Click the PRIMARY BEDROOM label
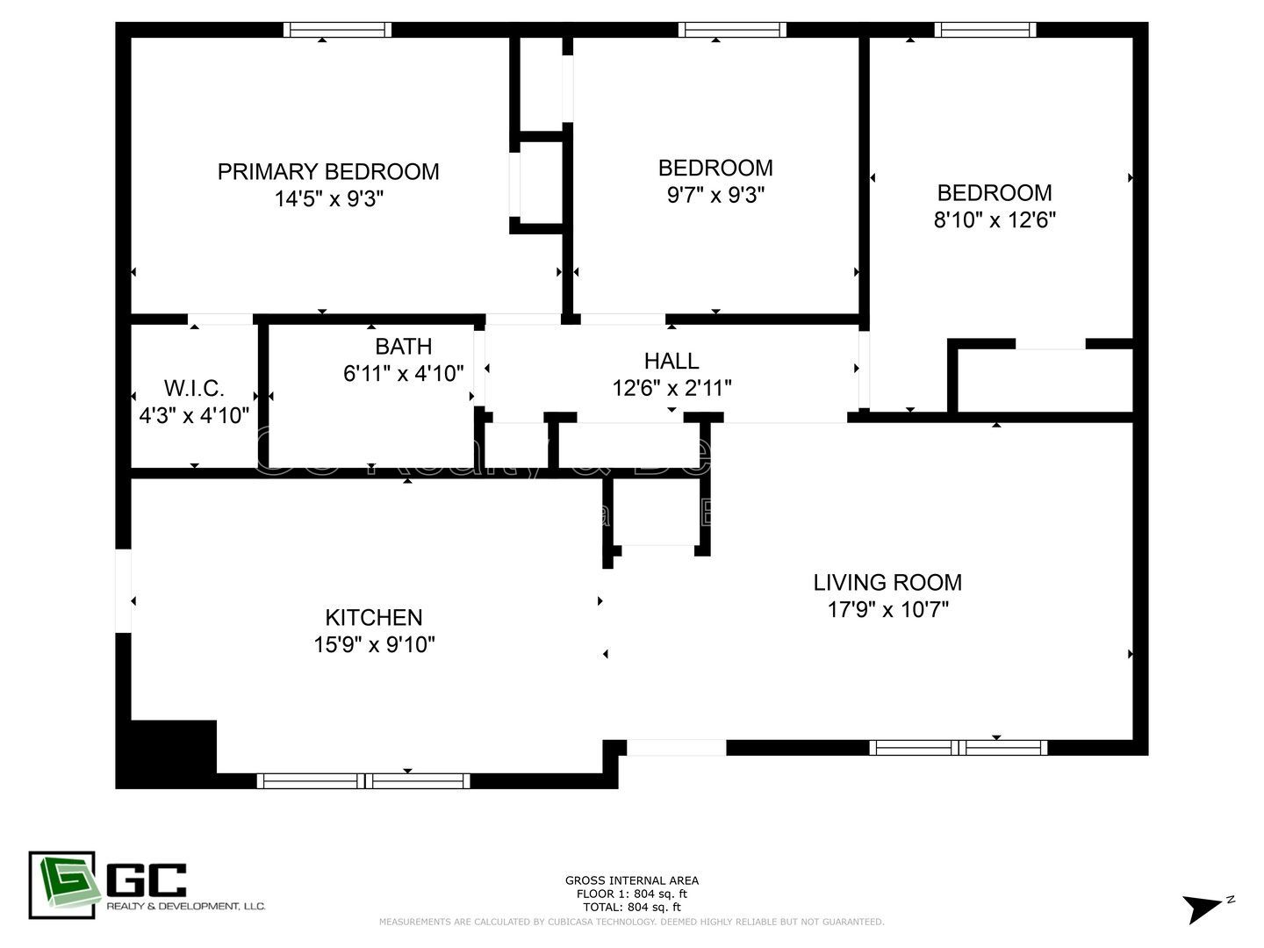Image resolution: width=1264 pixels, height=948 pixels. [328, 171]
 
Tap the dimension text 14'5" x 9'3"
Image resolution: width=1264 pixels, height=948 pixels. [329, 199]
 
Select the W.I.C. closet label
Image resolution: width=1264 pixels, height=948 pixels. [194, 388]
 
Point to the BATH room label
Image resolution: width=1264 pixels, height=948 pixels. [403, 346]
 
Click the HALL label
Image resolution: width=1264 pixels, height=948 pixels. [671, 361]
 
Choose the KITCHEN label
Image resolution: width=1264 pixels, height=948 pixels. [374, 617]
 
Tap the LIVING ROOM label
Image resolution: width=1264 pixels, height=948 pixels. [887, 582]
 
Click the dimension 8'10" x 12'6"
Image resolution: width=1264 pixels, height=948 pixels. [994, 219]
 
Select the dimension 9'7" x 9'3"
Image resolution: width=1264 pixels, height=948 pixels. [715, 195]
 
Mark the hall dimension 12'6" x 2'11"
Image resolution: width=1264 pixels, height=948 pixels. [671, 388]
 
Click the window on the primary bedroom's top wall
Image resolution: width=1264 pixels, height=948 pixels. [338, 30]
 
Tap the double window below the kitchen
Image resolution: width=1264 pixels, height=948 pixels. [363, 780]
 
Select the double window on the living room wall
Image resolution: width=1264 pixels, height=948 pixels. [959, 748]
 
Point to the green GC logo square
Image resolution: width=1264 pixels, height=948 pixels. [61, 885]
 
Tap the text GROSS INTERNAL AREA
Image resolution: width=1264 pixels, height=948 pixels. [632, 880]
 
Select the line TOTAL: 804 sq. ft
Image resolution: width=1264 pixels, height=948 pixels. [632, 907]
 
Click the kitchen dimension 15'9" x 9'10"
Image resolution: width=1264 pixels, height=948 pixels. [374, 645]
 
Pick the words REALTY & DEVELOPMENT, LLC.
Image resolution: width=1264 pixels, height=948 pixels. [186, 906]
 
